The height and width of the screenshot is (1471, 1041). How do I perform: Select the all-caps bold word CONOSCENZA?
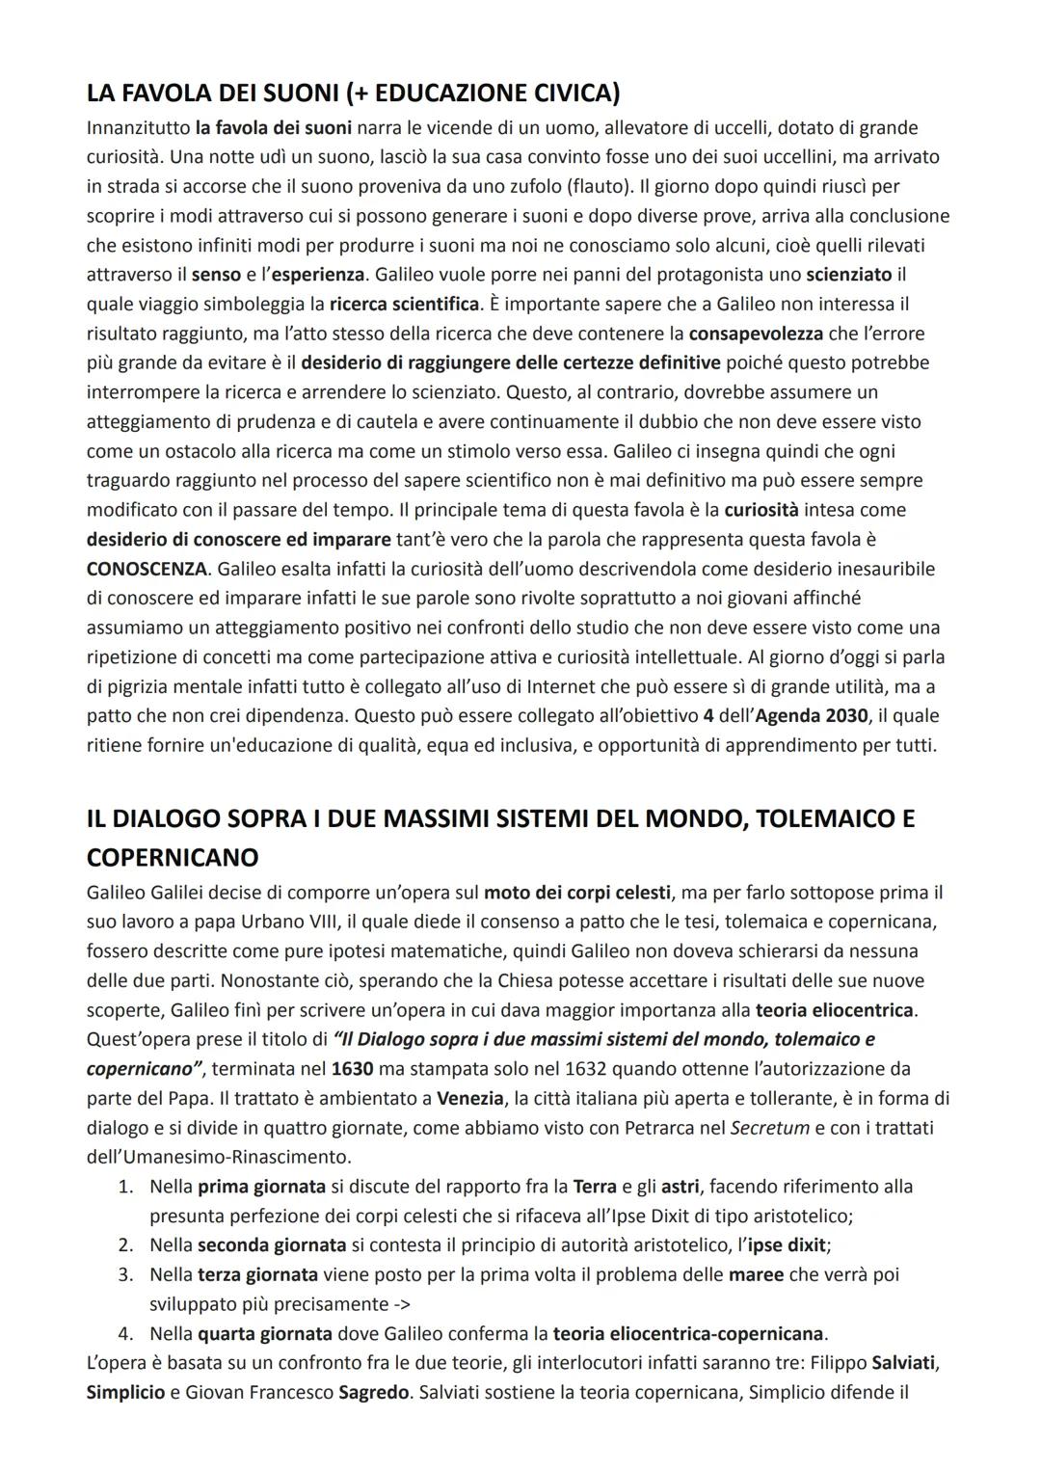click(147, 568)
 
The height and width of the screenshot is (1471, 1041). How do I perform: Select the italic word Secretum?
click(770, 1127)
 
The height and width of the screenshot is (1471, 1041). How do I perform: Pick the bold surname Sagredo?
click(374, 1392)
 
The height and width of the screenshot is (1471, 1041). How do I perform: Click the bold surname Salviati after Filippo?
click(905, 1363)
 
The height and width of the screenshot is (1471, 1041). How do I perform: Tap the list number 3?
click(125, 1274)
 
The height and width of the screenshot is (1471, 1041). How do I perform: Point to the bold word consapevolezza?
click(757, 334)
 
